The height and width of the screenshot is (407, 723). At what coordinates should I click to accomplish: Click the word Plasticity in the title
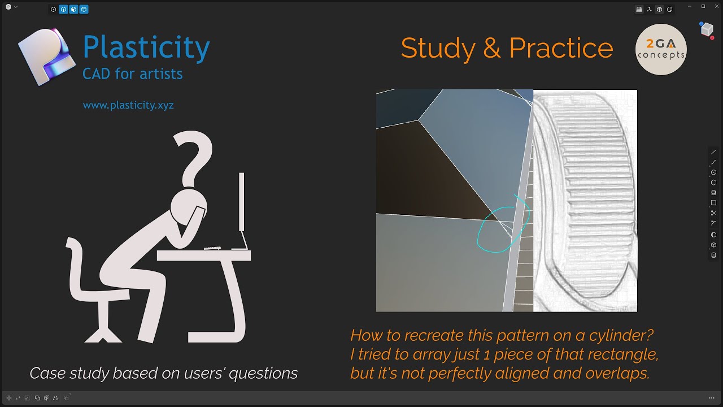146,47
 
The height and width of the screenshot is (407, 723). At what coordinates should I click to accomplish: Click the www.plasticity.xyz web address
128,105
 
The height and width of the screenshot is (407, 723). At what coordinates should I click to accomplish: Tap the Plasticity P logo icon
46,57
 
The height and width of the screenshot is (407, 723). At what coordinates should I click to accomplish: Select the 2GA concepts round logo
661,50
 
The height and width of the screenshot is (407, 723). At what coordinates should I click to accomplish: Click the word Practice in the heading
560,49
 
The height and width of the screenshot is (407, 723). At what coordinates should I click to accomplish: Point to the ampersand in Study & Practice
491,49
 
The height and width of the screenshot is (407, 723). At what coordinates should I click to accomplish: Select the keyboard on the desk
212,248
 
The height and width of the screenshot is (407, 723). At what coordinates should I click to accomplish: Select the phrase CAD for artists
132,73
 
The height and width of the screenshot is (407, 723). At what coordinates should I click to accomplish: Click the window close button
715,6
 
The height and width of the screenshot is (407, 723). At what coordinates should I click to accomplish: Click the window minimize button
690,6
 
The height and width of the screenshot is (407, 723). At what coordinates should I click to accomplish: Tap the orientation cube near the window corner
707,29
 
